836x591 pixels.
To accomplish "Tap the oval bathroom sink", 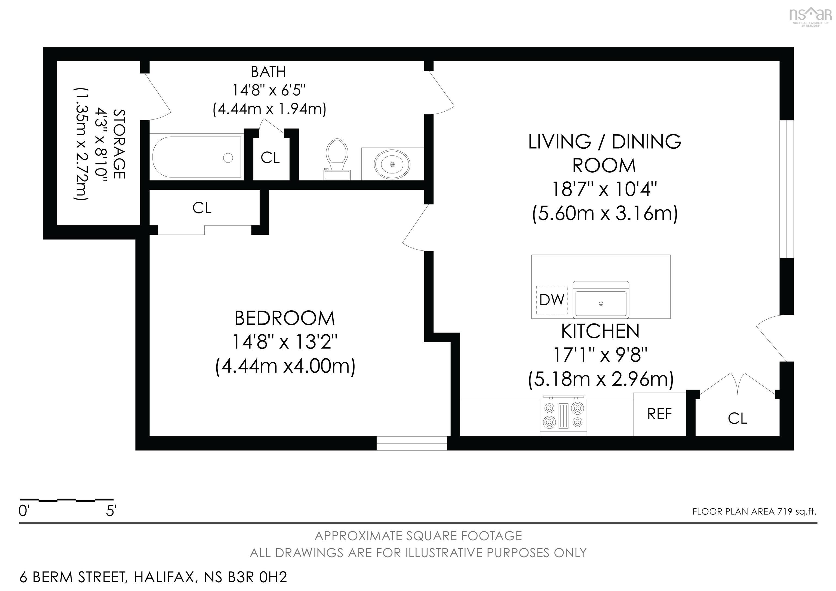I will click(x=392, y=165).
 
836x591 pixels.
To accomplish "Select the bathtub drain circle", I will click(x=228, y=158).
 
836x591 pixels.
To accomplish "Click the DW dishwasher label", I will click(x=552, y=300).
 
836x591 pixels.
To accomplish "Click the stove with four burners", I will click(x=563, y=416).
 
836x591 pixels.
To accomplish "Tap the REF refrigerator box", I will click(x=659, y=414).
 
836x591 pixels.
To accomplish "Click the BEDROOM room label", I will click(x=284, y=318).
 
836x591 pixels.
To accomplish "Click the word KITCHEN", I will click(x=600, y=331).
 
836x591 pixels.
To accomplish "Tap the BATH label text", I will click(x=268, y=72).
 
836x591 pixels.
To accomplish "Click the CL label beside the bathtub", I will click(x=270, y=158).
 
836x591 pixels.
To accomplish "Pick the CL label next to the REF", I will click(x=737, y=418).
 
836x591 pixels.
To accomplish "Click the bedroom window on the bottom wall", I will click(x=411, y=443).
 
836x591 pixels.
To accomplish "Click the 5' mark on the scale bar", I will click(x=111, y=511).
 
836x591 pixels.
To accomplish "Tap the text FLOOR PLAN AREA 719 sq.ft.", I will click(x=754, y=512).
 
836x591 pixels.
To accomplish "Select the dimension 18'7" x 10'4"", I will click(x=604, y=189).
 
